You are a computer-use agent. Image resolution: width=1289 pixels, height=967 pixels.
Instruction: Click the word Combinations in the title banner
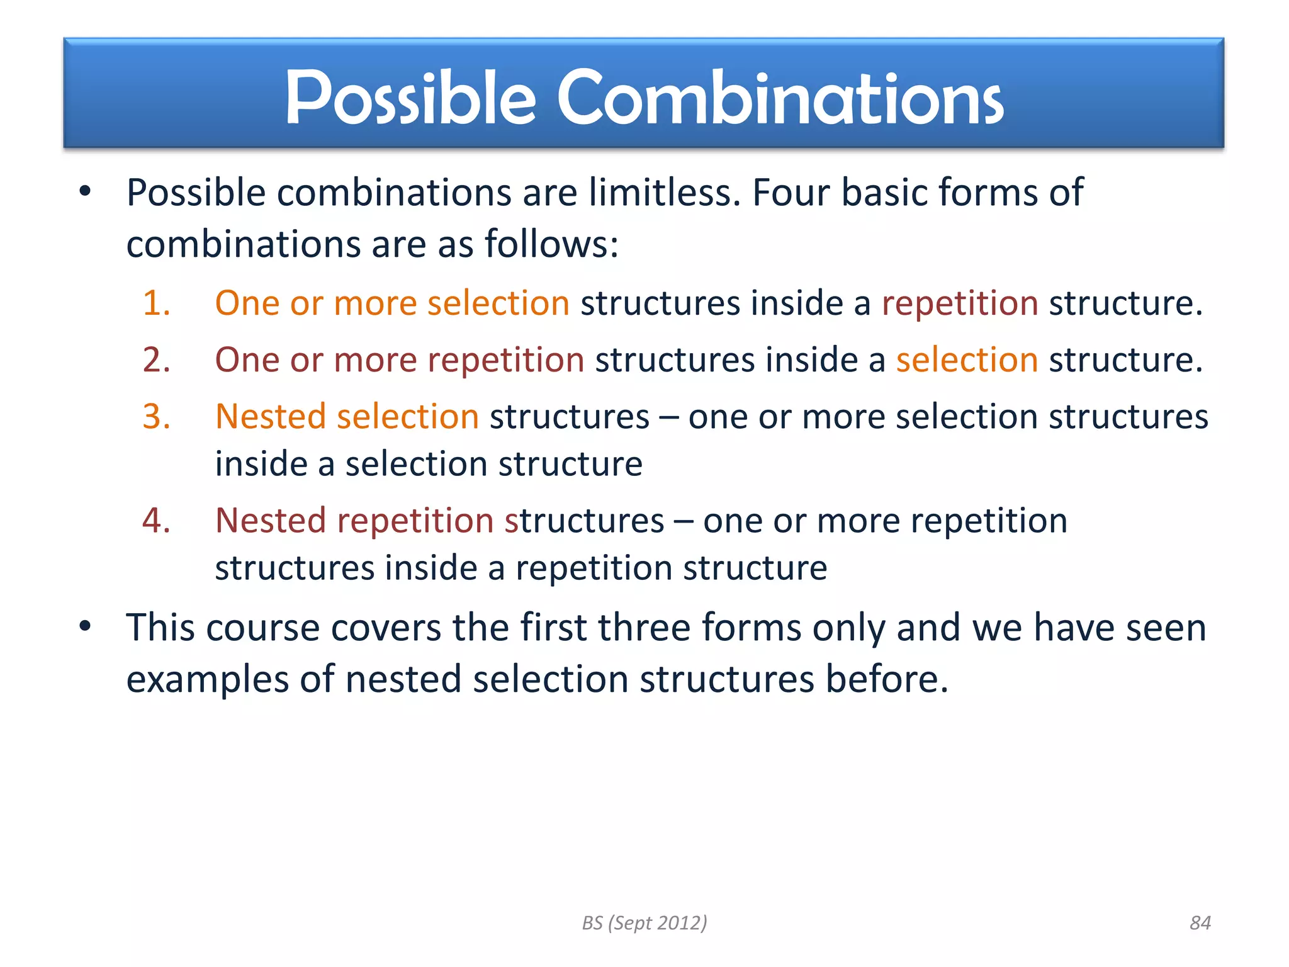click(780, 98)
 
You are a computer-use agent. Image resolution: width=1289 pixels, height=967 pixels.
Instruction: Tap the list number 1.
click(156, 303)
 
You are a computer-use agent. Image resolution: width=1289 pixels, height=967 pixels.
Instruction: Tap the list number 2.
click(156, 360)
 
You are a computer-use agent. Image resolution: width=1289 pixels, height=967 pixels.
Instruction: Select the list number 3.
click(156, 417)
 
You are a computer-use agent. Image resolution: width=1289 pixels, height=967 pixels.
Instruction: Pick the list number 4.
click(156, 521)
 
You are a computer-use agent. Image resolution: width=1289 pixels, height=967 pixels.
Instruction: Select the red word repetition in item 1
click(959, 303)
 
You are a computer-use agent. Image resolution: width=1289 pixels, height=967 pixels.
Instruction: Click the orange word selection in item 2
click(967, 360)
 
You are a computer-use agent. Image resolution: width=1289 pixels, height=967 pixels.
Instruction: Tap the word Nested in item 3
click(271, 417)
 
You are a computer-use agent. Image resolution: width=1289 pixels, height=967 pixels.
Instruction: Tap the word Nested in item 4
click(271, 521)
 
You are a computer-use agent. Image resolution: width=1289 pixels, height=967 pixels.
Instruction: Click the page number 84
click(1200, 923)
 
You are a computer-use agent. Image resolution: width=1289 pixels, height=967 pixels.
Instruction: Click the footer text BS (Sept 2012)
click(644, 923)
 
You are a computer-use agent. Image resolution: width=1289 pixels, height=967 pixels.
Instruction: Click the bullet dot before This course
click(86, 626)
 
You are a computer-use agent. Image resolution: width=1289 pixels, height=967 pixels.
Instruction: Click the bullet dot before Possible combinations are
click(86, 191)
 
